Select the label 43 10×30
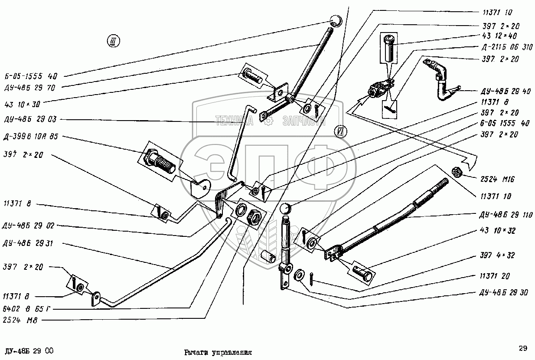pos(23,104)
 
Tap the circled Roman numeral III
pos(113,42)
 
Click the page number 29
pos(523,348)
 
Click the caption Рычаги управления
pos(218,353)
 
